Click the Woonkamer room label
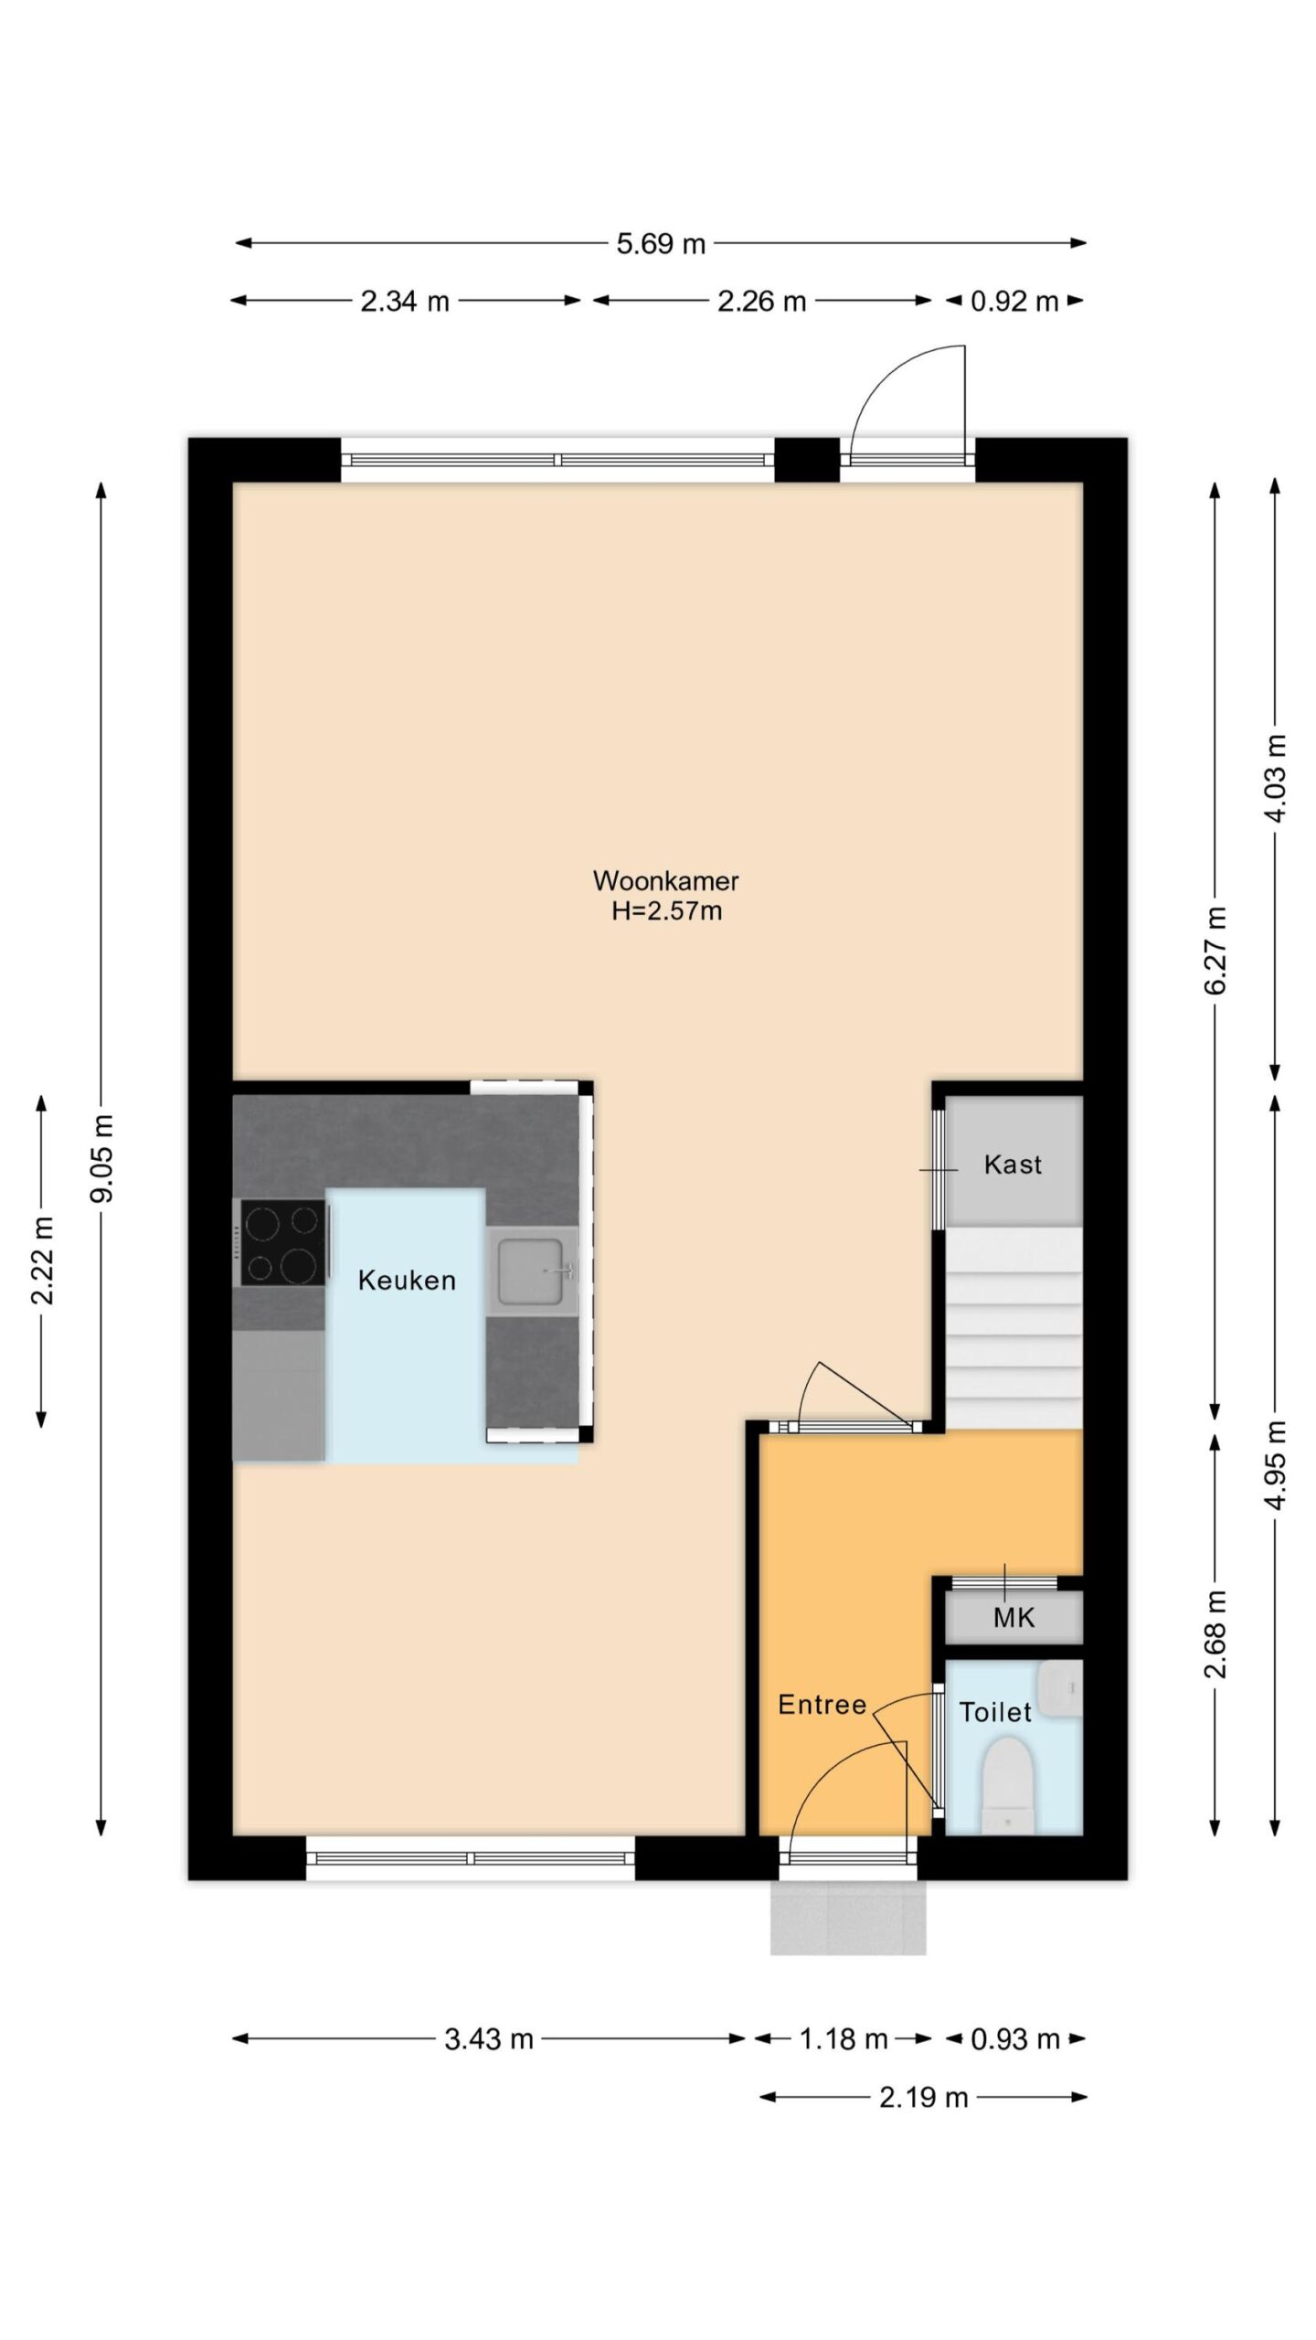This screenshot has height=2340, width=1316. (x=665, y=880)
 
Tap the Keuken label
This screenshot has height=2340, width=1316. (x=407, y=1280)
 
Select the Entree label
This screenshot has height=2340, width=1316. (x=822, y=1705)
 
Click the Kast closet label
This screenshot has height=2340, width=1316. (x=1013, y=1165)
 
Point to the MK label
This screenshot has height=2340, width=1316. (x=1014, y=1618)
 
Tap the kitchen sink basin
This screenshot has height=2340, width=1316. (x=530, y=1271)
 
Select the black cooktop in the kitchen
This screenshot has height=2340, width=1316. (x=282, y=1242)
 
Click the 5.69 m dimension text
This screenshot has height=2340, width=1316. (x=661, y=244)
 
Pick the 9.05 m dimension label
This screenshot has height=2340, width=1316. (x=102, y=1157)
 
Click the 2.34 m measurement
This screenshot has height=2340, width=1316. (x=405, y=301)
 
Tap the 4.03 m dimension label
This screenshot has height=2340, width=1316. (x=1276, y=779)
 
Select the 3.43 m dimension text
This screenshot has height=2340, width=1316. (x=489, y=2039)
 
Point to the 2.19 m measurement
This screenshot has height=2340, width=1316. (x=923, y=2098)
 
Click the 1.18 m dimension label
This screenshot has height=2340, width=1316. (x=844, y=2039)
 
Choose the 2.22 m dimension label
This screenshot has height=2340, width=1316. (x=42, y=1261)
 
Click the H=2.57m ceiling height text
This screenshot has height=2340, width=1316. (x=666, y=911)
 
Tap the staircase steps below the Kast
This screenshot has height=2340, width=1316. (x=1014, y=1327)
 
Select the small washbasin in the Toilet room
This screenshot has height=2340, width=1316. (x=1060, y=1689)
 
